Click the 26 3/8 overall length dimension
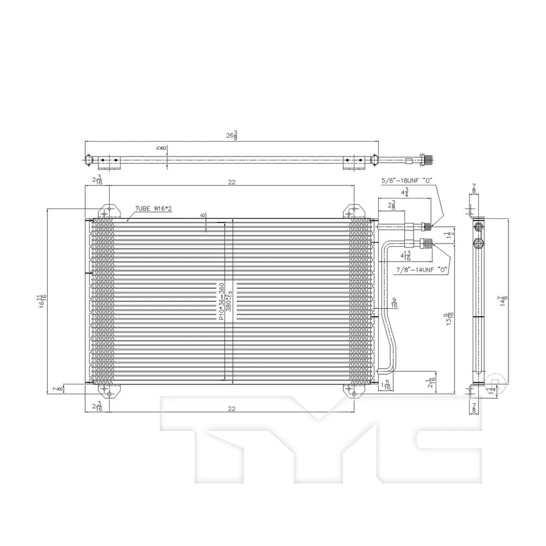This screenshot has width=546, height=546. pyautogui.click(x=231, y=135)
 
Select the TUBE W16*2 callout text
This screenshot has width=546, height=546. pyautogui.click(x=154, y=209)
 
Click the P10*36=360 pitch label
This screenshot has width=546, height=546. pyautogui.click(x=222, y=301)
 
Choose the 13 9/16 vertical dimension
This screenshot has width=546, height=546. pyautogui.click(x=450, y=322)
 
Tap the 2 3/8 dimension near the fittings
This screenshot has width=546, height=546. pyautogui.click(x=392, y=205)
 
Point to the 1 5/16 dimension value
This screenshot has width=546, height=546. pyautogui.click(x=387, y=385)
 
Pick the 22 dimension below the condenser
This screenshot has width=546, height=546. pyautogui.click(x=231, y=408)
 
